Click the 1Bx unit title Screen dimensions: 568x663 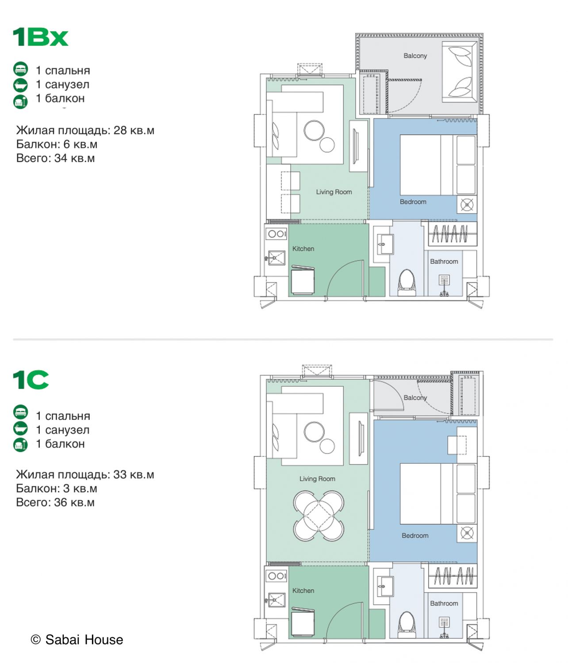point(40,37)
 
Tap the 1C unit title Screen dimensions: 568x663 point(31,380)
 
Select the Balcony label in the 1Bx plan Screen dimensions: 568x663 point(415,56)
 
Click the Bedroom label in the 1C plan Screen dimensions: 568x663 point(415,535)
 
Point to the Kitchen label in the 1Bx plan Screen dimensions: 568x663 point(303,248)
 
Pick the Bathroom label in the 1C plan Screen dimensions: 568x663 point(444,603)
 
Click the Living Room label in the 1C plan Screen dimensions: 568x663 point(317,479)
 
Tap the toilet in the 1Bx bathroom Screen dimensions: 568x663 point(407,282)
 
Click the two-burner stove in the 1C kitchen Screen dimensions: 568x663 point(276,576)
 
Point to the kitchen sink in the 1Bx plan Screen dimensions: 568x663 point(276,258)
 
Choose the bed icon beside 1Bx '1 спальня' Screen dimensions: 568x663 point(20,69)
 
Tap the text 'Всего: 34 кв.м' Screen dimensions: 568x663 point(55,158)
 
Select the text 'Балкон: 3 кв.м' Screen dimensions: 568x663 point(57,488)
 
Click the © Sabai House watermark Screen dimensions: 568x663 point(77,640)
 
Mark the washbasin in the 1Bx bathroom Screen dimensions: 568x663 point(385,244)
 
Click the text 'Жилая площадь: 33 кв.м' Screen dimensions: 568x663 point(85,474)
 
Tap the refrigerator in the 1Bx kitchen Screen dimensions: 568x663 point(303,280)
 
